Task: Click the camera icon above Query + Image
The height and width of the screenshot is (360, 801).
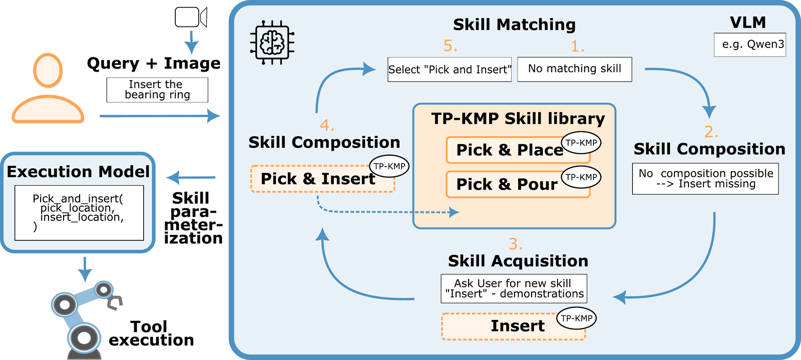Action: pyautogui.click(x=190, y=18)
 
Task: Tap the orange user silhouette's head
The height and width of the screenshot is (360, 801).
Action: pyautogui.click(x=48, y=71)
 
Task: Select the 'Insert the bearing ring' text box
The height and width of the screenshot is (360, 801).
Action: pyautogui.click(x=157, y=90)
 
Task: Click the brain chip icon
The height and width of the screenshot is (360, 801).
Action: pyautogui.click(x=272, y=43)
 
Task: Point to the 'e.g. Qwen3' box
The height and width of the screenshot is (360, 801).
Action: pyautogui.click(x=749, y=45)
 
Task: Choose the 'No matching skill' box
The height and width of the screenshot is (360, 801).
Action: pyautogui.click(x=574, y=69)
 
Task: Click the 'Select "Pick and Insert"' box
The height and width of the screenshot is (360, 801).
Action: pyautogui.click(x=449, y=70)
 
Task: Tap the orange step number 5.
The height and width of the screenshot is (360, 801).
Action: pyautogui.click(x=450, y=46)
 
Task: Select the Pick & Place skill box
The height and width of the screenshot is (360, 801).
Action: pyautogui.click(x=510, y=150)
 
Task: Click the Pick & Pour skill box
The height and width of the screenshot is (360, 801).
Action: pyautogui.click(x=507, y=184)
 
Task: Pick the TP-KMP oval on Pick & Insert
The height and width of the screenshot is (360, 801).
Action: pyautogui.click(x=389, y=167)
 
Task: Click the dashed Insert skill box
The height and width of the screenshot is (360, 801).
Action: pyautogui.click(x=513, y=326)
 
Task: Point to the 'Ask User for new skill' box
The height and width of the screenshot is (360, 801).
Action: pyautogui.click(x=514, y=288)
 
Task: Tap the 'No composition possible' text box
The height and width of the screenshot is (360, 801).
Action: pyautogui.click(x=705, y=179)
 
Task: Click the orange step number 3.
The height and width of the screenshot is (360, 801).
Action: pyautogui.click(x=515, y=244)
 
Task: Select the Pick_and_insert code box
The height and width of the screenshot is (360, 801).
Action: pyautogui.click(x=79, y=213)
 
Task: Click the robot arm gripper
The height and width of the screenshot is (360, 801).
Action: pyautogui.click(x=115, y=302)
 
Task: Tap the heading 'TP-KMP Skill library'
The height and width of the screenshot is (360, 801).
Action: pyautogui.click(x=518, y=119)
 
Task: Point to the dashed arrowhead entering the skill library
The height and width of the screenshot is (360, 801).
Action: pyautogui.click(x=455, y=212)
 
